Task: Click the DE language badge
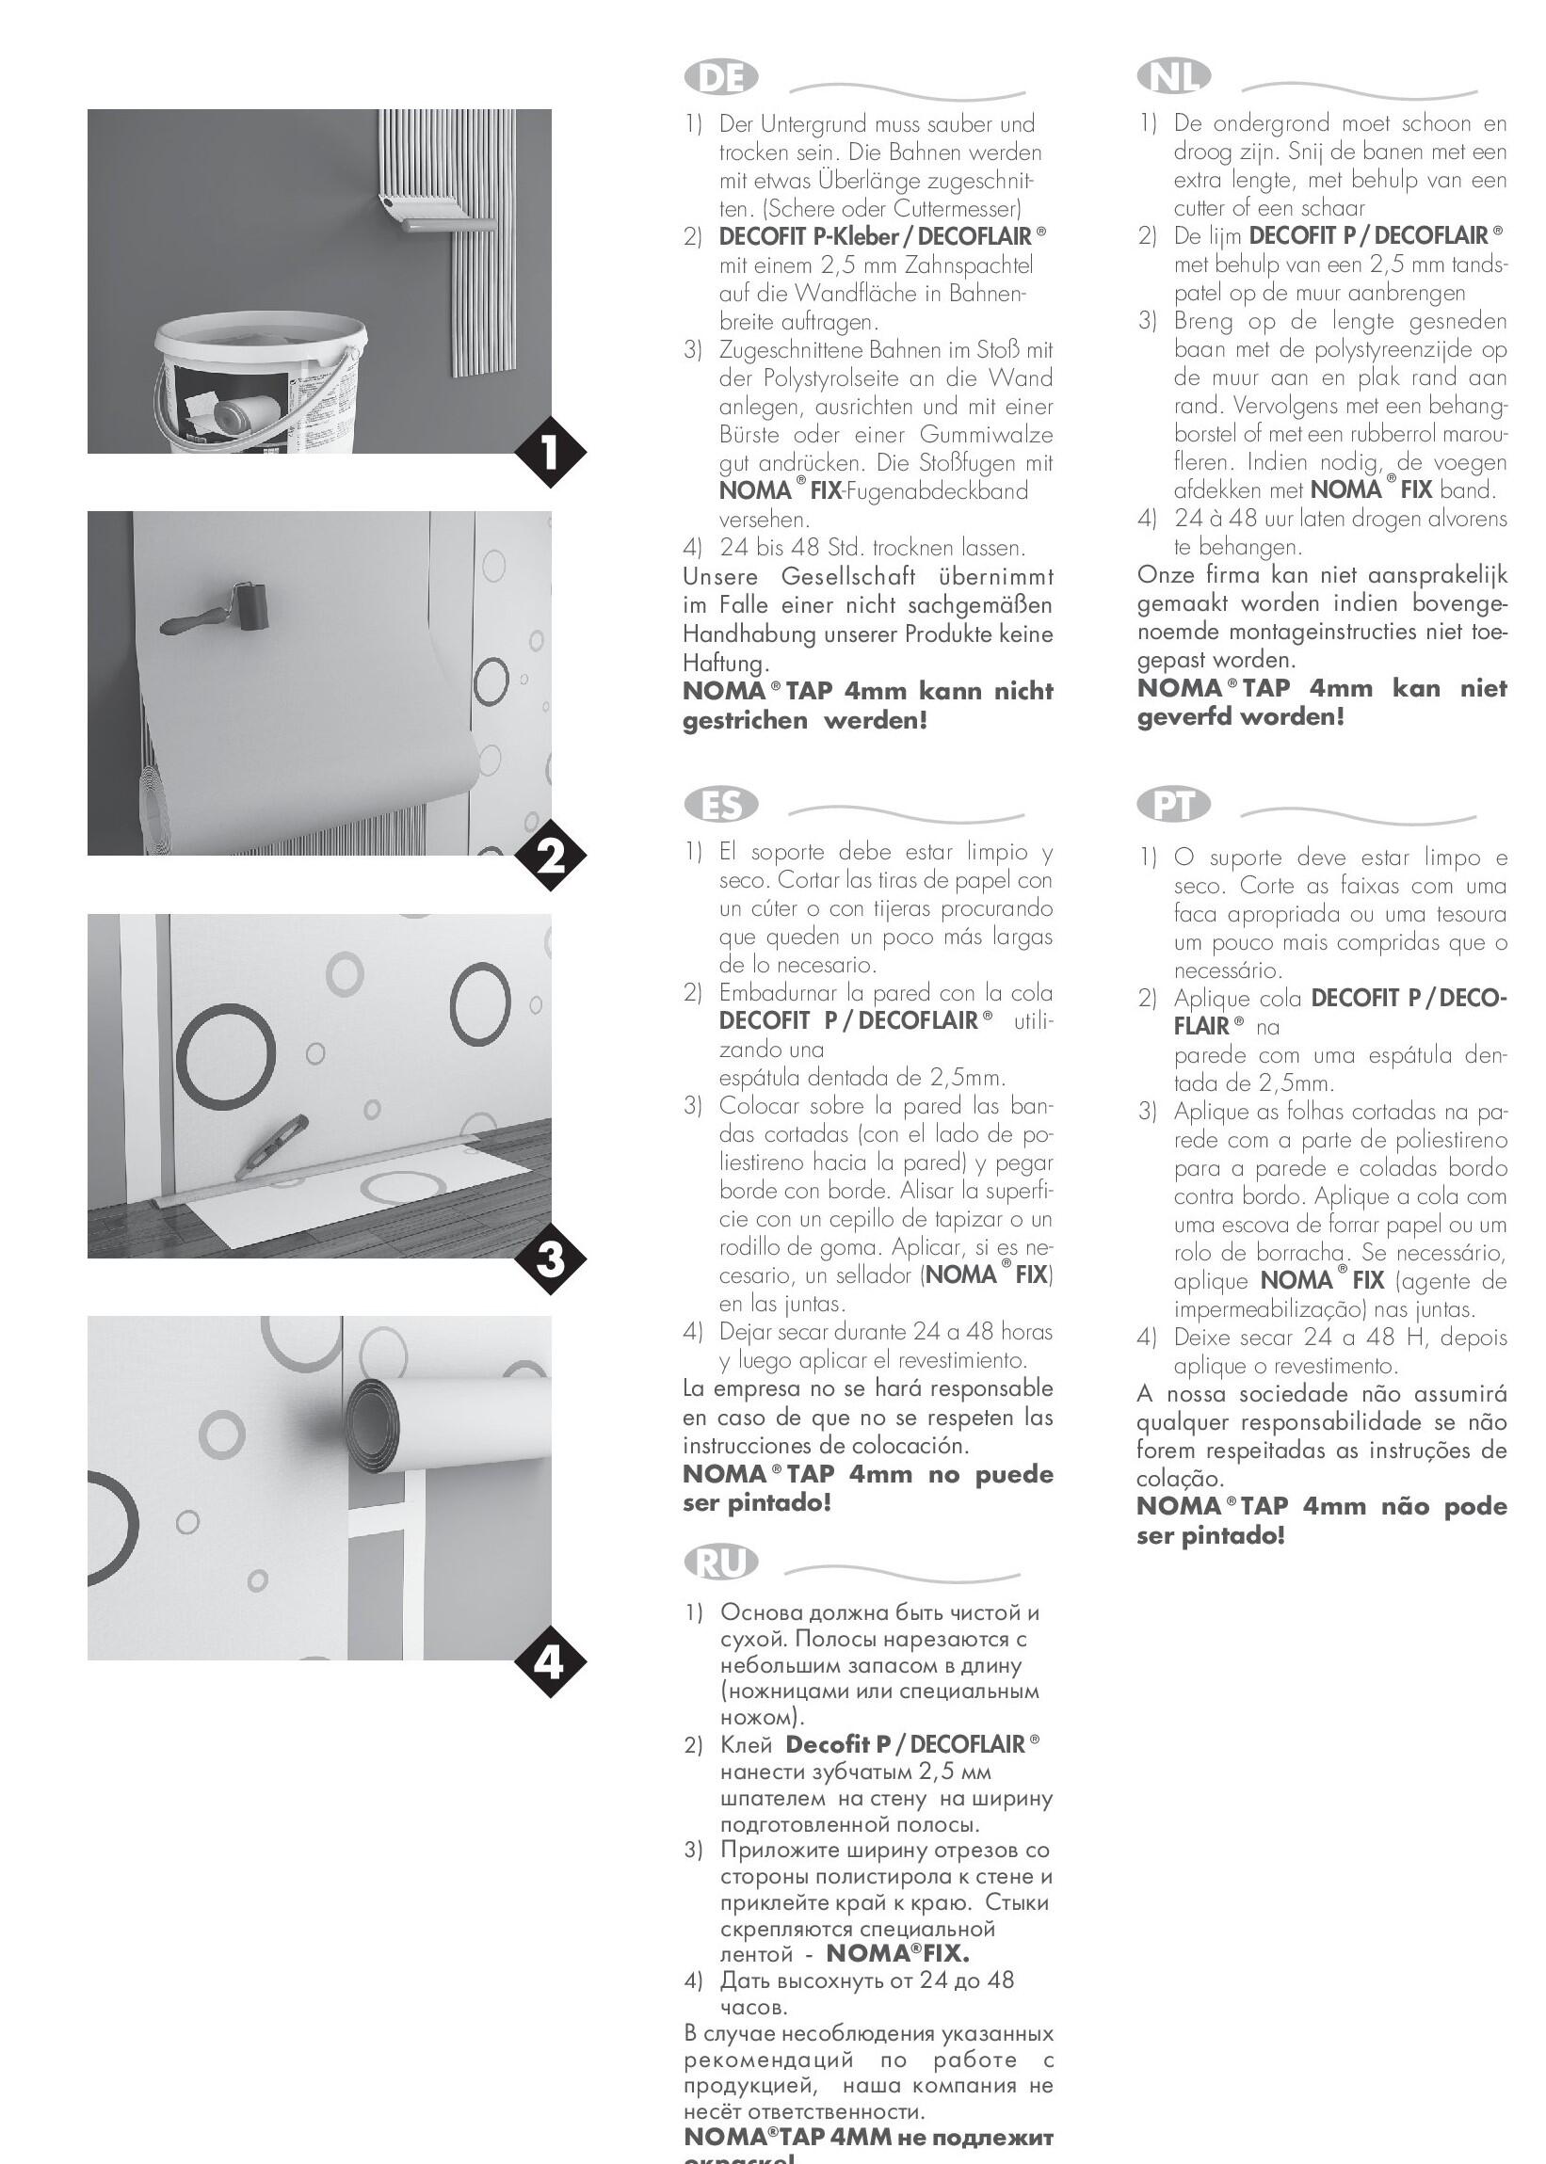[720, 78]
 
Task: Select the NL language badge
[1173, 76]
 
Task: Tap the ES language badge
[720, 806]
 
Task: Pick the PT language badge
[1173, 806]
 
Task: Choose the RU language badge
[720, 1562]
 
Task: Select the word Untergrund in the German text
[825, 124]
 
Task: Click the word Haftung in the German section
[723, 664]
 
